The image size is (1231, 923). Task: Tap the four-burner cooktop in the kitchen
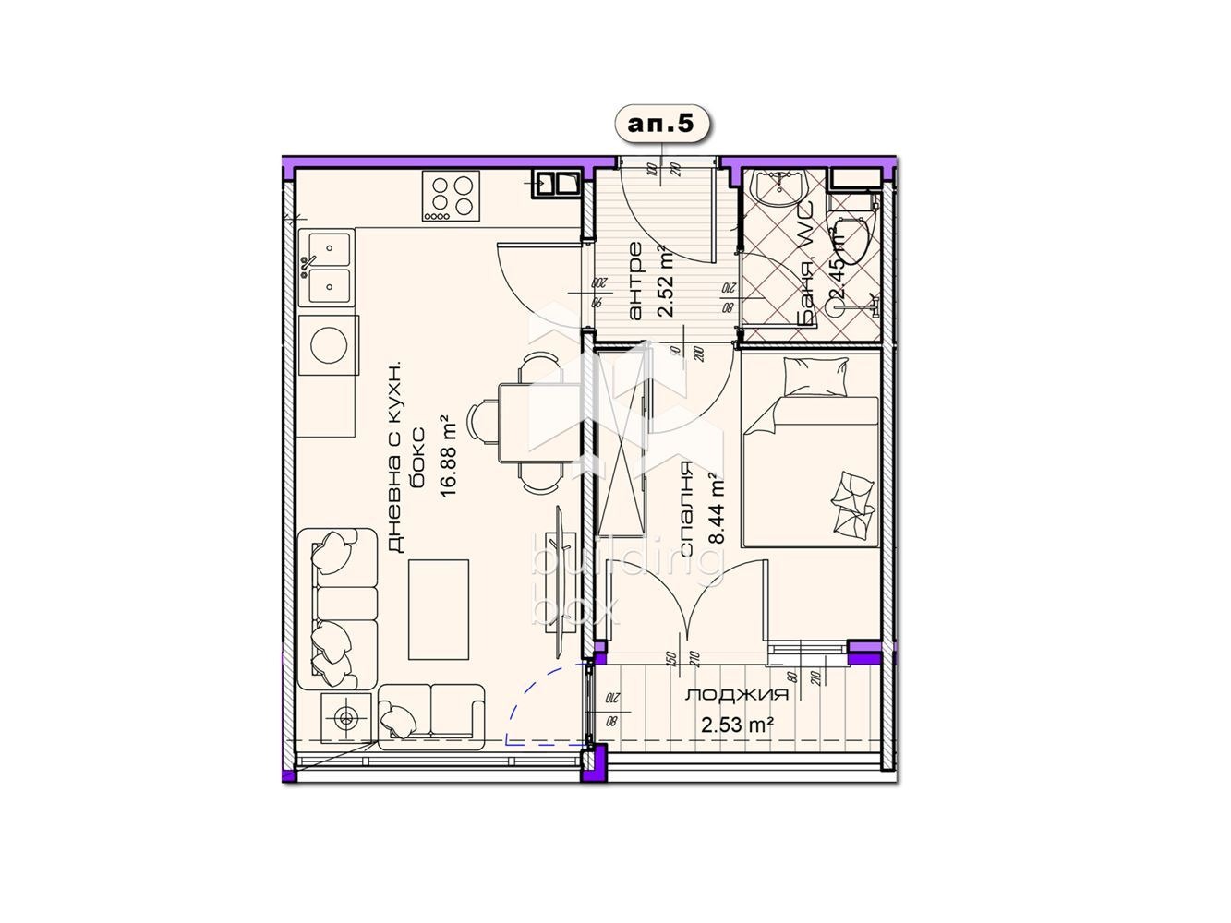(453, 197)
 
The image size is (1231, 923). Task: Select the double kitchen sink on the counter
(325, 268)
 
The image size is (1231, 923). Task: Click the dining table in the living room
(513, 425)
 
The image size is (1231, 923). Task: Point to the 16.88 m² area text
(450, 455)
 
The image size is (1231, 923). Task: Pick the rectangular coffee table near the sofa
(438, 609)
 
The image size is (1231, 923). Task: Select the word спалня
(687, 510)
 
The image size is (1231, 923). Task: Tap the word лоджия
(736, 695)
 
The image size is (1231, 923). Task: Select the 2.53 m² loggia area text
(736, 725)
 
